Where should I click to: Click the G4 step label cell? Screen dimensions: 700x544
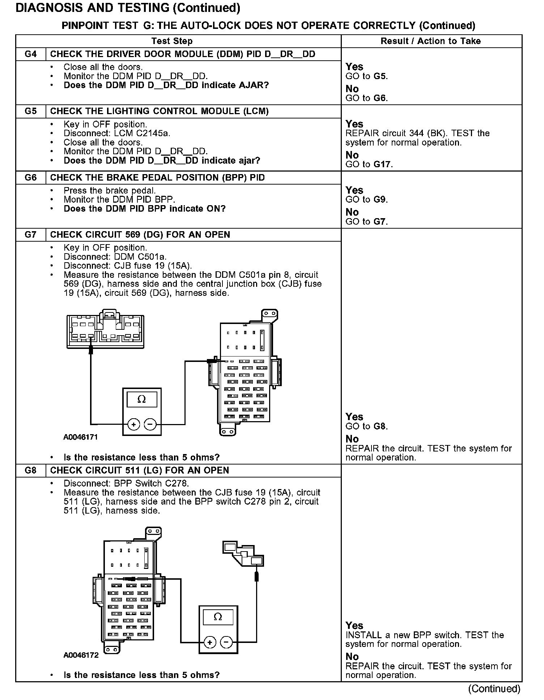coord(31,54)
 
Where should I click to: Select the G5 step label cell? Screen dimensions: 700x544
coord(31,111)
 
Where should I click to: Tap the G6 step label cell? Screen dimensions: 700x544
coord(31,178)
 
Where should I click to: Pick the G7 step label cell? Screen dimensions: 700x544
coord(31,235)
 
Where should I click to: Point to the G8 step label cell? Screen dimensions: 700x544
coord(31,470)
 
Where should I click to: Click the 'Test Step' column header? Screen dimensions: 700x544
coord(172,41)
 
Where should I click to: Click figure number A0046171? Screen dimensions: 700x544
coord(81,437)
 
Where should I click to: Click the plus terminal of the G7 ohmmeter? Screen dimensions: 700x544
coord(134,424)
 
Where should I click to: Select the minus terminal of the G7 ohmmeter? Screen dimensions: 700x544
coord(150,424)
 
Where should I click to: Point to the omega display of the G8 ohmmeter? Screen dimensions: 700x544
coord(218,617)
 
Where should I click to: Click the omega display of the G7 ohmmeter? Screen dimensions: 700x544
coord(142,399)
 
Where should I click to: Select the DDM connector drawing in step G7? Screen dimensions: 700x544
coord(105,329)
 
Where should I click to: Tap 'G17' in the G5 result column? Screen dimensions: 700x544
coord(383,164)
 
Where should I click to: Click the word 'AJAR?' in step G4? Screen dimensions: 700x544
coord(254,86)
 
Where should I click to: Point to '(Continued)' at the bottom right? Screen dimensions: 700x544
coord(494,689)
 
